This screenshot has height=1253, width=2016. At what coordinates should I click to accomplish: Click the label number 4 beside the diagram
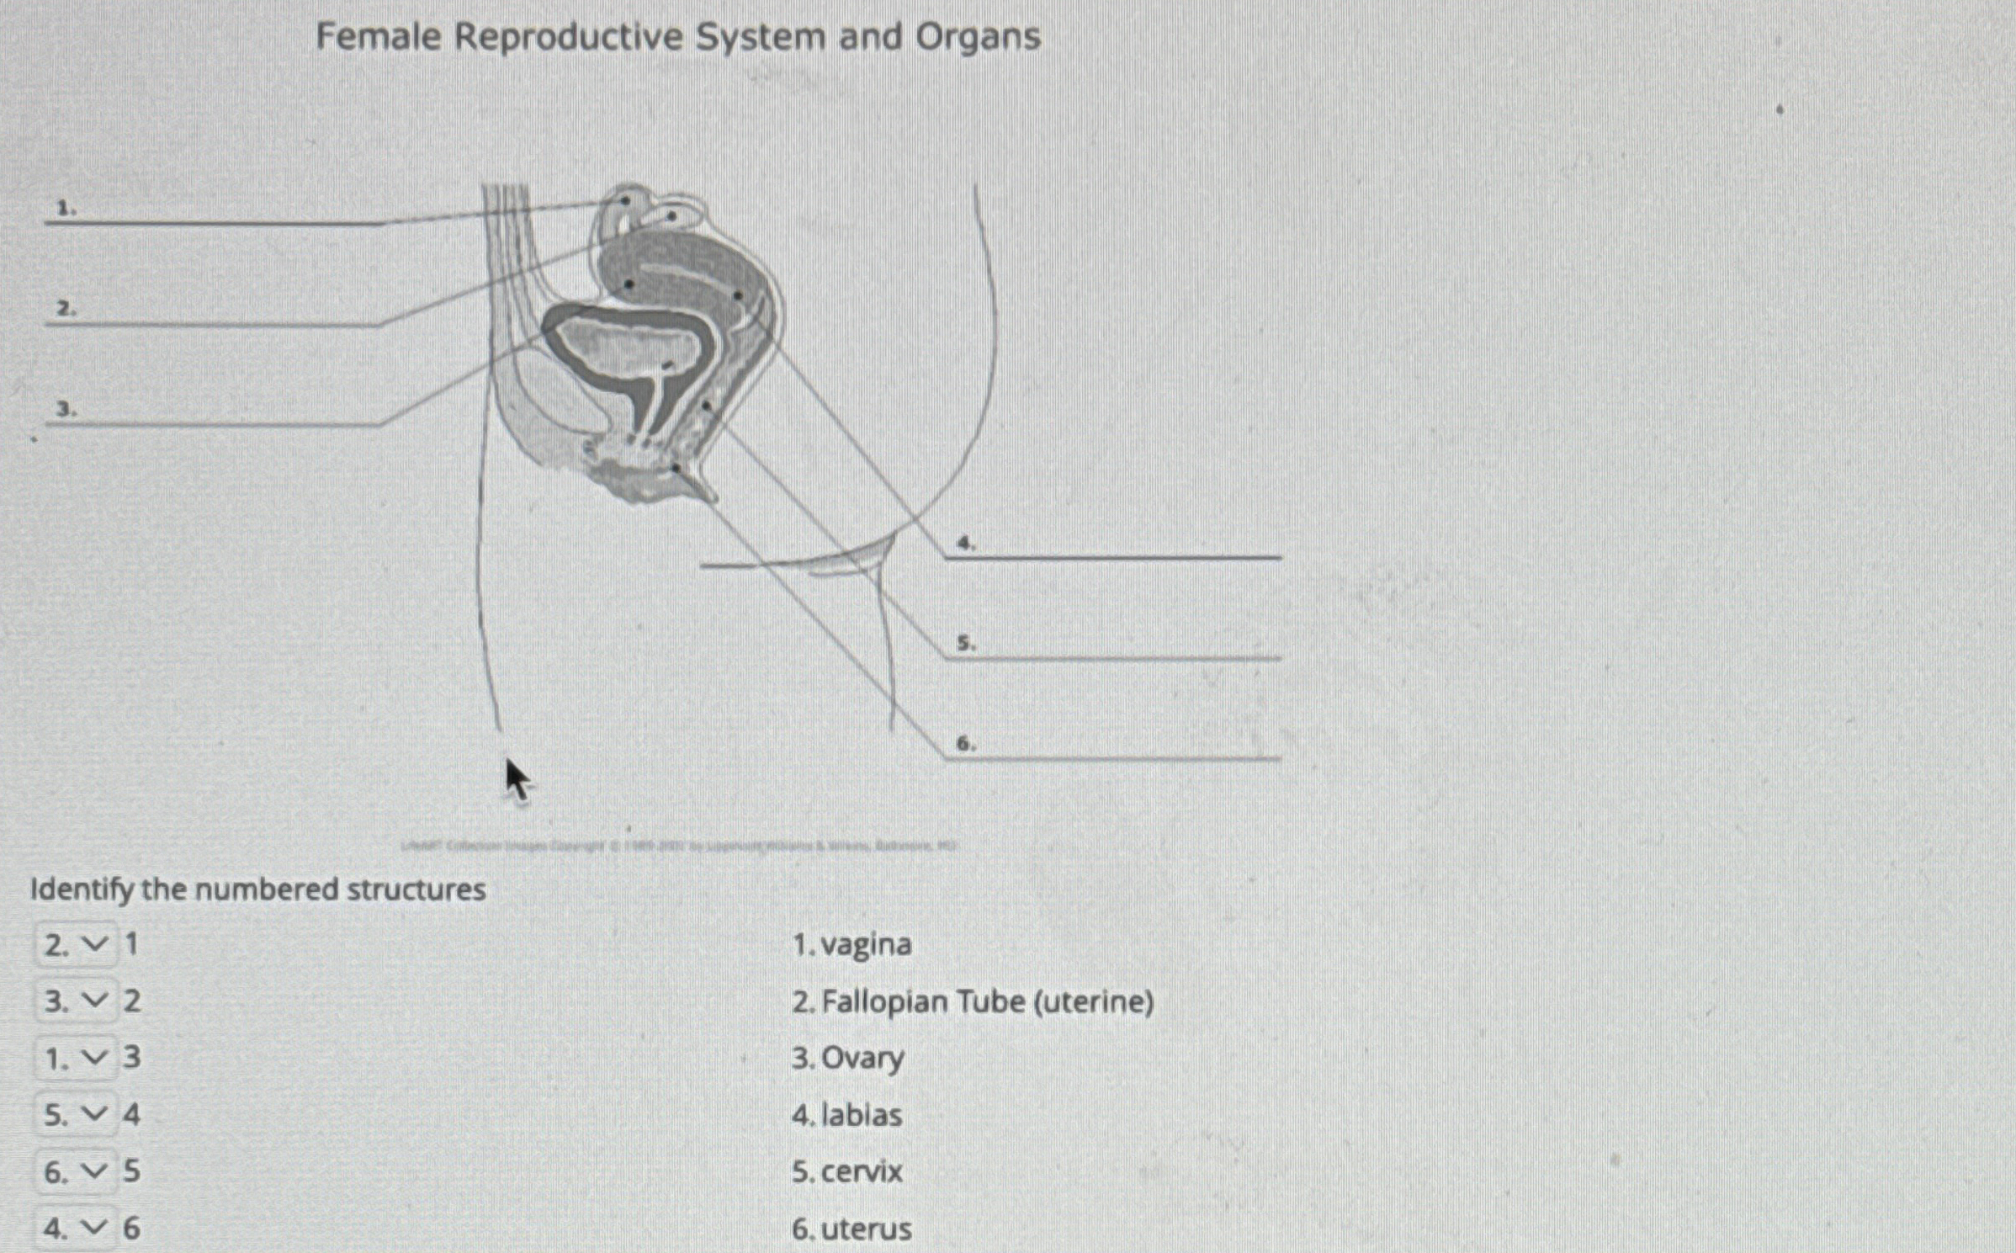point(967,544)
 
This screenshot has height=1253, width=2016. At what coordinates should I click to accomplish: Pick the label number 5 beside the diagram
point(967,644)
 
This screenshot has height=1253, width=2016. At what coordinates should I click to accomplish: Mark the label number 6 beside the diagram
point(967,744)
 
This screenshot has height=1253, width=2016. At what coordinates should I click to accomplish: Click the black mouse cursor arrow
point(517,779)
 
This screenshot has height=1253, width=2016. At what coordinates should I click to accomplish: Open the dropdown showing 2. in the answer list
point(76,945)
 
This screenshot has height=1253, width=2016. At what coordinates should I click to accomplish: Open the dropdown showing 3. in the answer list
point(76,1001)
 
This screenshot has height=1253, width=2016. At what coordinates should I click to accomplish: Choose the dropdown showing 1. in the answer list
point(76,1058)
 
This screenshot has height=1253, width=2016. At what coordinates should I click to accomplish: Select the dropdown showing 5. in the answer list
point(76,1115)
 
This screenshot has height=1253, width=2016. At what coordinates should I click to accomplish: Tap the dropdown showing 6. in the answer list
point(76,1171)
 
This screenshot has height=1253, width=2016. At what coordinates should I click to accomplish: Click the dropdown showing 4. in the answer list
point(76,1229)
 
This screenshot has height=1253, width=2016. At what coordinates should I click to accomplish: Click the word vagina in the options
point(866,945)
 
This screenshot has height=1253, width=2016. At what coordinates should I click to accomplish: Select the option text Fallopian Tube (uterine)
point(987,1002)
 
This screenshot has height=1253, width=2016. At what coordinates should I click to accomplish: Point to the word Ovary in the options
point(862,1058)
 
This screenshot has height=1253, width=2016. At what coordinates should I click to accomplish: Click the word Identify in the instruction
point(81,889)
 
